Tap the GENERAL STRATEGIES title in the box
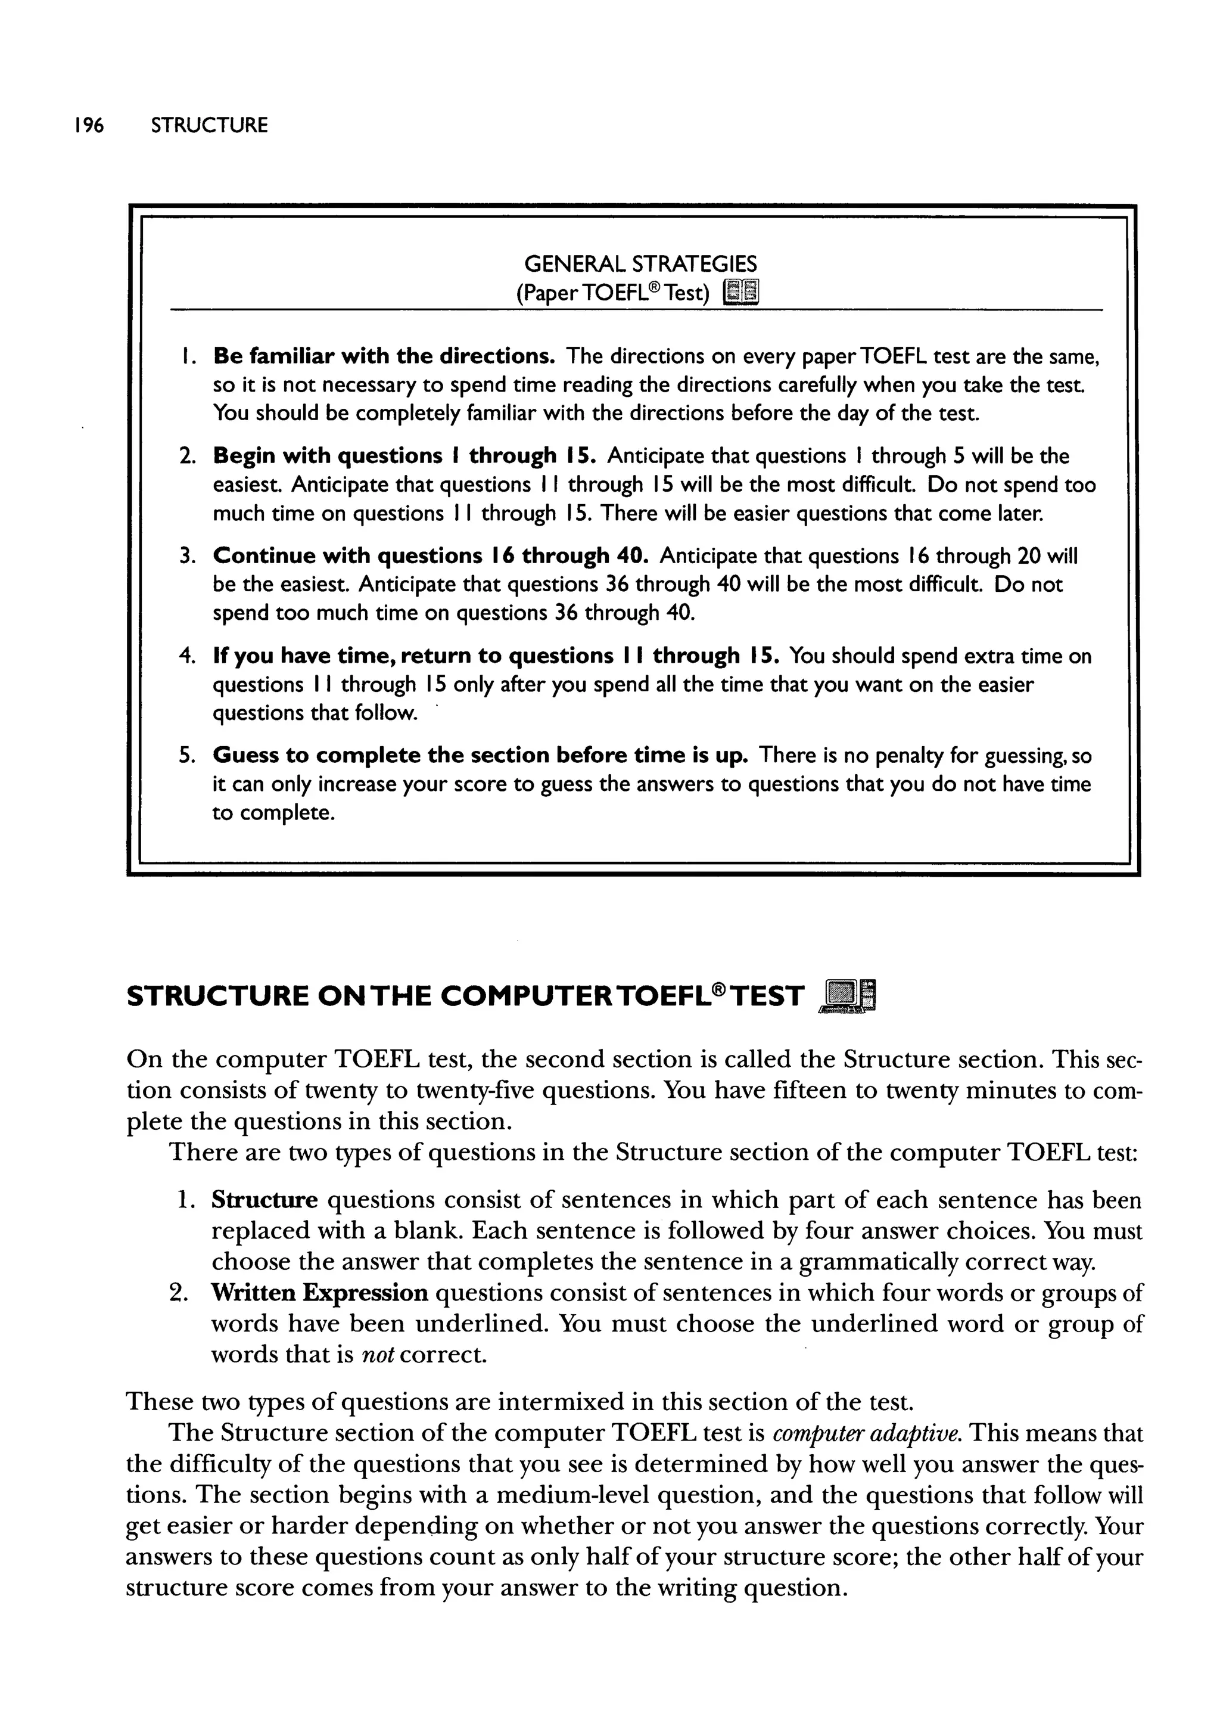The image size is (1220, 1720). pyautogui.click(x=640, y=264)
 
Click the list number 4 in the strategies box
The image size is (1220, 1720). pyautogui.click(x=185, y=656)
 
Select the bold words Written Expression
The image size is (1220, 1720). pyautogui.click(x=319, y=1293)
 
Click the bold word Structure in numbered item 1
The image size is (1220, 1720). pyautogui.click(x=264, y=1200)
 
